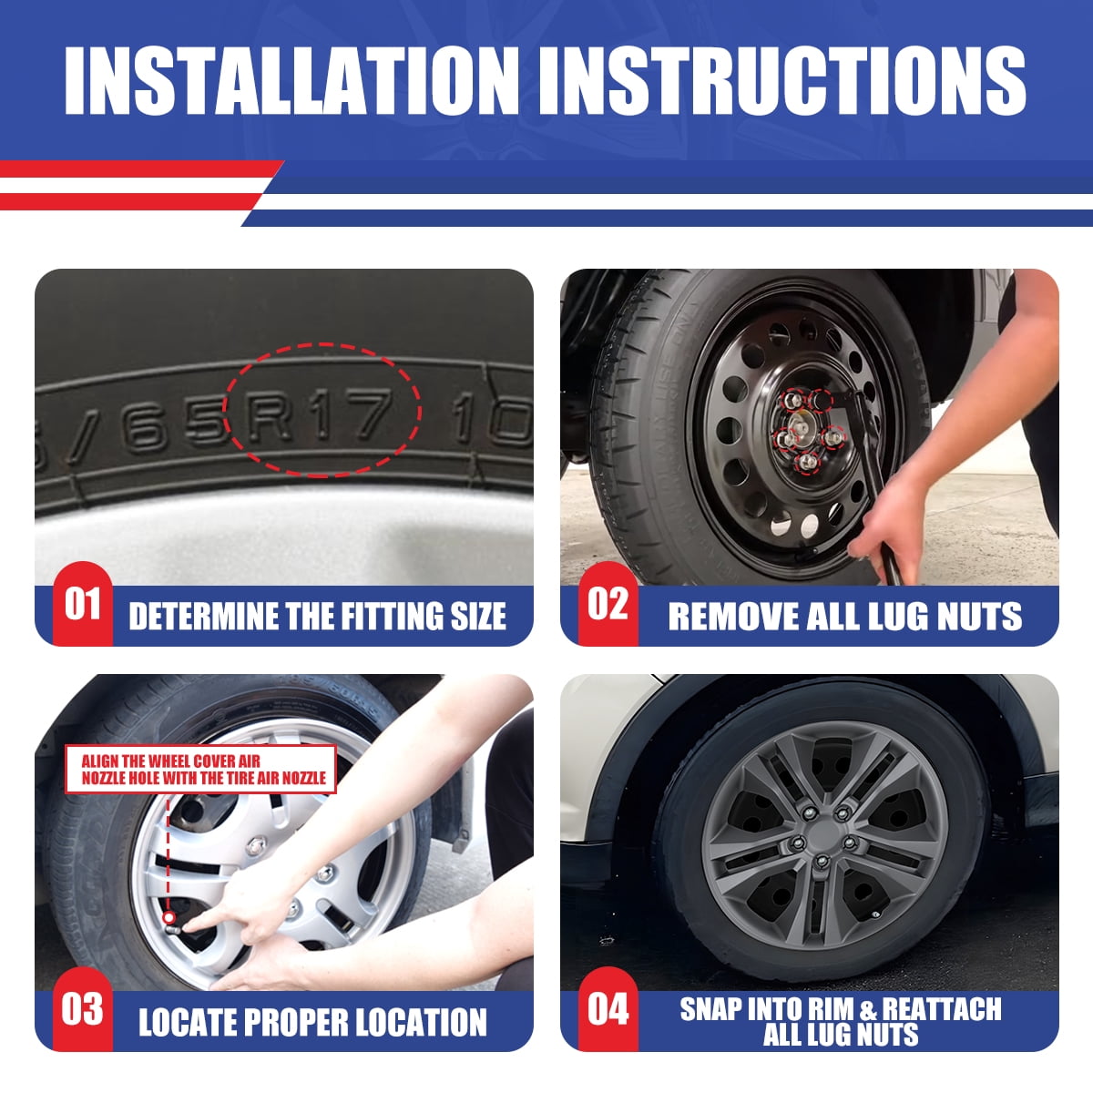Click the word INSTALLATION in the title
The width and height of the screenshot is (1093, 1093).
(291, 80)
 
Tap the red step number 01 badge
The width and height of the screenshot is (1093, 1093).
(82, 605)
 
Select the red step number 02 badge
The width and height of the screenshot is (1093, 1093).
(608, 605)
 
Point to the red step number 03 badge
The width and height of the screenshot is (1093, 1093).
(82, 1010)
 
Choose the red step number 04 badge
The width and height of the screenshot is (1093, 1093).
(608, 1010)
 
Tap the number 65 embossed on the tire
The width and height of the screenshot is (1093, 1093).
(174, 426)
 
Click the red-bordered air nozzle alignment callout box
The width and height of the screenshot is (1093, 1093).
(200, 769)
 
